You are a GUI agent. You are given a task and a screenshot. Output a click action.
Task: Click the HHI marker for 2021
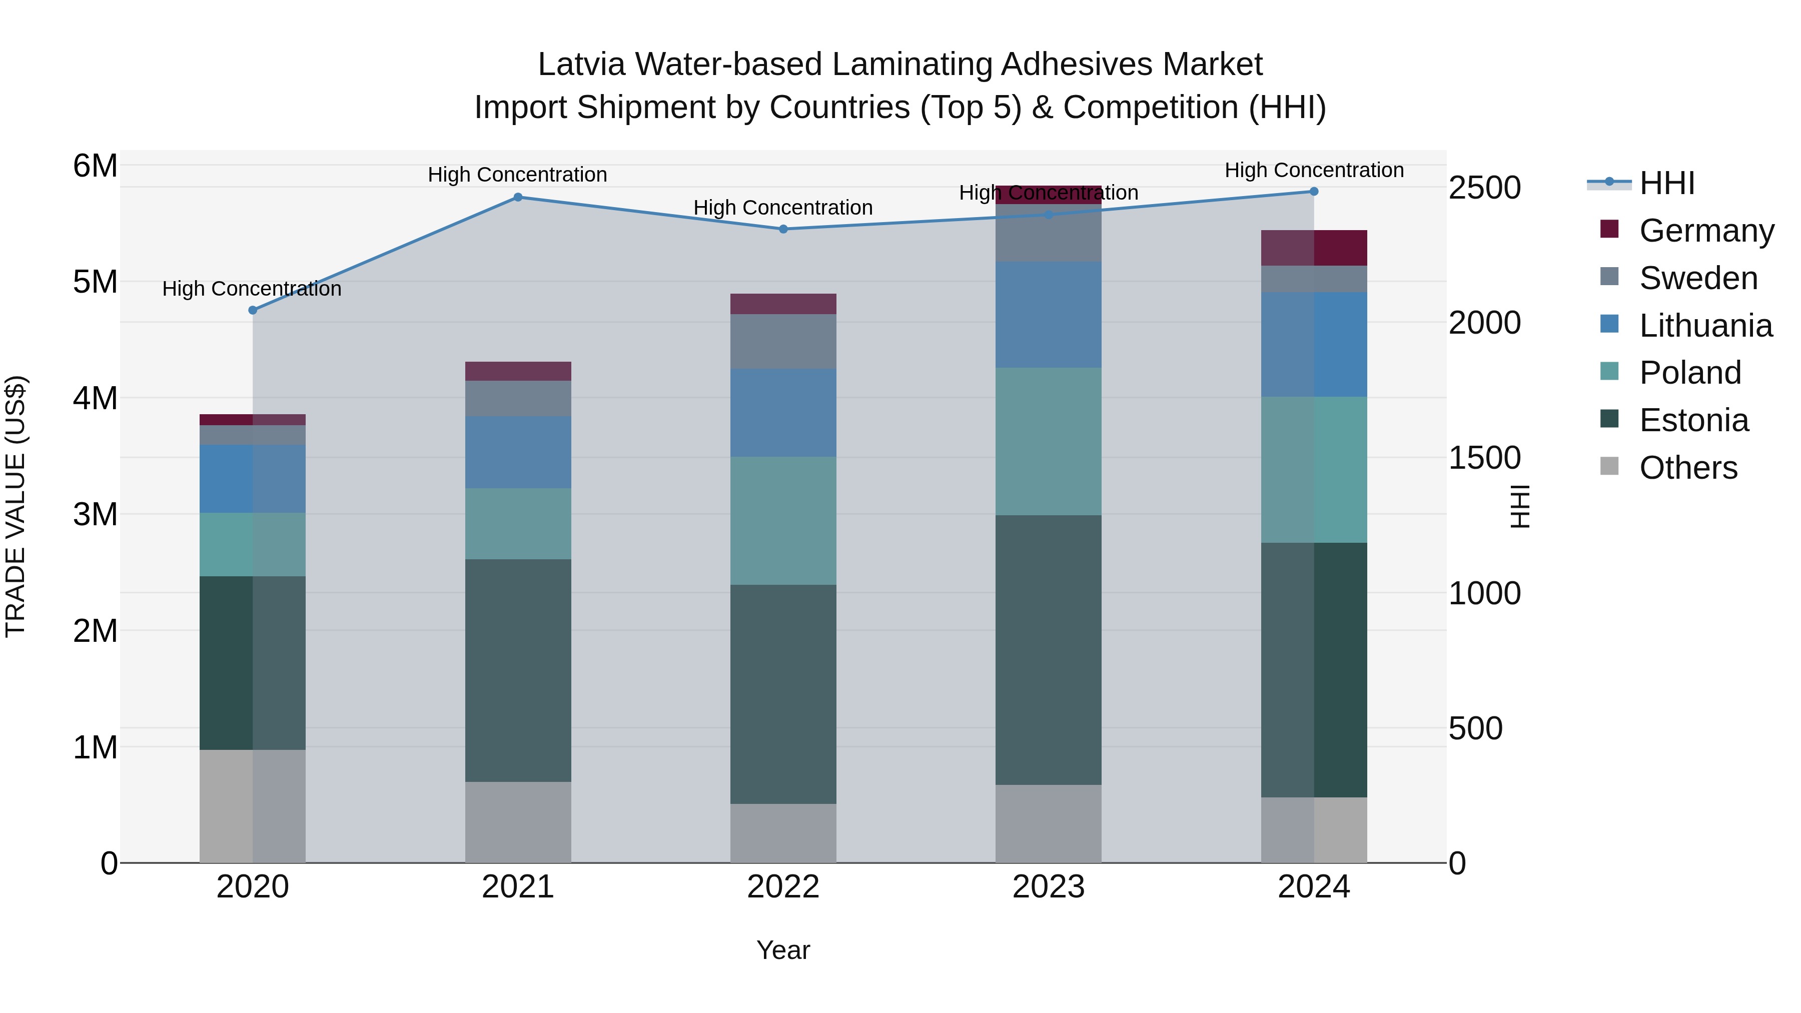point(518,197)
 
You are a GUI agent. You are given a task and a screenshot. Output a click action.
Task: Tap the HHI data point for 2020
point(253,310)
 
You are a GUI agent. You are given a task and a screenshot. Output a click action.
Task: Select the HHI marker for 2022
point(783,229)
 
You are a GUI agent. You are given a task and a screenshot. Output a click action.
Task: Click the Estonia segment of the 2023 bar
point(1048,650)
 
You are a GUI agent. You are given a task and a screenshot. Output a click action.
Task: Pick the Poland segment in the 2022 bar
point(783,521)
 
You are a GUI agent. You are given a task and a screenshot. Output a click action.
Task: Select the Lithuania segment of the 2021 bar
point(518,452)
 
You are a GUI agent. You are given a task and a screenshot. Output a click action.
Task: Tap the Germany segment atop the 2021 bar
point(518,371)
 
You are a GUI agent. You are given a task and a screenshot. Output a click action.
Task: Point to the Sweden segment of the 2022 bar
point(783,341)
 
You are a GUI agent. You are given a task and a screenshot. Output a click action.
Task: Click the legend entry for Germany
point(1706,231)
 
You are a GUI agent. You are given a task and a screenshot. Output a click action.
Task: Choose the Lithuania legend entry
point(1705,326)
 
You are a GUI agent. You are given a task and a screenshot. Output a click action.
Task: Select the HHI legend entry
point(1667,183)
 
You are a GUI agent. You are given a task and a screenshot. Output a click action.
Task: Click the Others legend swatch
point(1609,466)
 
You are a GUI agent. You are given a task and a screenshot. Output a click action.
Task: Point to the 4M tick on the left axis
point(95,399)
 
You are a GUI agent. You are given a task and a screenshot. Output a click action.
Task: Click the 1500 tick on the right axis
point(1484,458)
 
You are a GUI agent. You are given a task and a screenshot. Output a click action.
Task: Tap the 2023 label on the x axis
point(1048,887)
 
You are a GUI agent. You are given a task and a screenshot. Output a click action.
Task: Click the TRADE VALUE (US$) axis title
point(16,506)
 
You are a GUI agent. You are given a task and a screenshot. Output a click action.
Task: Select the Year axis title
point(783,950)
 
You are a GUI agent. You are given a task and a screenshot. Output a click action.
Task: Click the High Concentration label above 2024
point(1314,170)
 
